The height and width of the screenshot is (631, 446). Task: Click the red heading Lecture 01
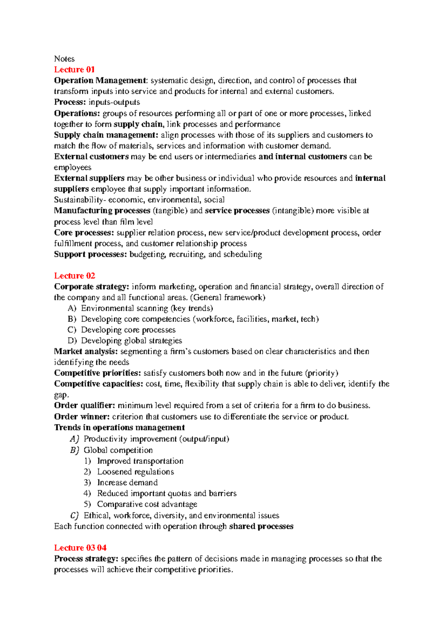(x=74, y=69)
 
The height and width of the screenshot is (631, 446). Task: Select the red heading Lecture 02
(x=74, y=276)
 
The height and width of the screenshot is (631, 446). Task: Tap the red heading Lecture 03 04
(x=80, y=548)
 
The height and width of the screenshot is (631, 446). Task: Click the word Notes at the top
(x=64, y=59)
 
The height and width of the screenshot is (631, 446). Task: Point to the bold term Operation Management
(x=100, y=81)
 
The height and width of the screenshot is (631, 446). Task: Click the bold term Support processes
(x=90, y=255)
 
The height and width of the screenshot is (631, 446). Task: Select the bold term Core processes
(x=84, y=233)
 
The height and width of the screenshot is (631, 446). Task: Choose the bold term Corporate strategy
(x=91, y=287)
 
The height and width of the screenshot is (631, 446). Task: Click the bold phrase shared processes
(x=261, y=527)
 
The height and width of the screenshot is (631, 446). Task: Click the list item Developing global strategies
(x=132, y=341)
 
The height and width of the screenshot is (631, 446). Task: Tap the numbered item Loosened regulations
(x=135, y=472)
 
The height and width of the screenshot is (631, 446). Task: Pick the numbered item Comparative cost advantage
(x=147, y=504)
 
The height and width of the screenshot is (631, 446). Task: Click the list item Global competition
(x=118, y=450)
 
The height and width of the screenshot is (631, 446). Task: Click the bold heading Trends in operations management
(x=119, y=428)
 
